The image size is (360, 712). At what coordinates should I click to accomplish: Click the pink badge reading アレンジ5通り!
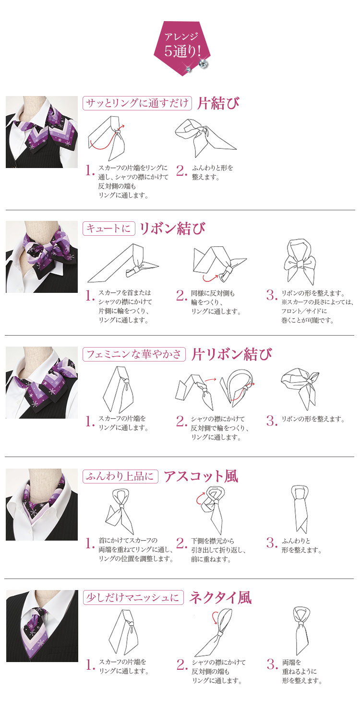click(182, 48)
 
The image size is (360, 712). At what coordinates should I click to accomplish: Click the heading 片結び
click(218, 103)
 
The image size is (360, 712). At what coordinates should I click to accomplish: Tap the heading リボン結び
click(172, 229)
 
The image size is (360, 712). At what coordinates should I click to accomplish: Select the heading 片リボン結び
click(231, 354)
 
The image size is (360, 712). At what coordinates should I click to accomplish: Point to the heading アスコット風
click(201, 476)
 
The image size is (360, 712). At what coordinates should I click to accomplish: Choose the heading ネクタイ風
click(220, 597)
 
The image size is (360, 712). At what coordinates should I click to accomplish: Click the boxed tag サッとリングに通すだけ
click(137, 103)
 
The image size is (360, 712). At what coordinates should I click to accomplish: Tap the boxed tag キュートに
click(109, 229)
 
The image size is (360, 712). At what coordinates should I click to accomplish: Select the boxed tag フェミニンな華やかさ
click(134, 354)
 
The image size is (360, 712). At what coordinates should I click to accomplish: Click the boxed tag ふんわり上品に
click(120, 476)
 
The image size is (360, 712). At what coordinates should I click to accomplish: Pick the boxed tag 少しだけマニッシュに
click(133, 597)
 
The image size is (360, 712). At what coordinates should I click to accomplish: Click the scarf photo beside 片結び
click(42, 132)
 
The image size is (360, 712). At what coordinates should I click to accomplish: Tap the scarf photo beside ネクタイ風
click(42, 626)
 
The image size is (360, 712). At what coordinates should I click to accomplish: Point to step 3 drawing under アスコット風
click(299, 509)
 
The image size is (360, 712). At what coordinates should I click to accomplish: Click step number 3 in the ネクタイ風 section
click(272, 664)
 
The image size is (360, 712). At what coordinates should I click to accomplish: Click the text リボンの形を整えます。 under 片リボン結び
click(313, 419)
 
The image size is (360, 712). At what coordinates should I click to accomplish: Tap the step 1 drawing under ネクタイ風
click(123, 631)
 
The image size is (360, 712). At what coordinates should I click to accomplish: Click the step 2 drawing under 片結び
click(205, 138)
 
